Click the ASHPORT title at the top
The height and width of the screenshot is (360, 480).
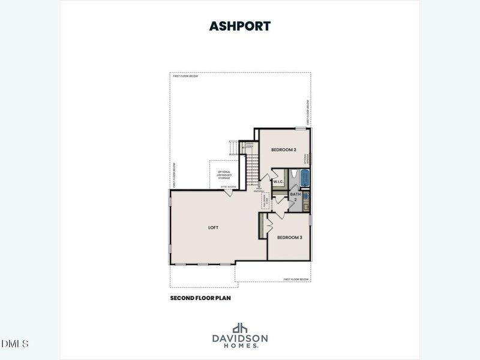pyautogui.click(x=239, y=26)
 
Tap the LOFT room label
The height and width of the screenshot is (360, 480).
pyautogui.click(x=213, y=228)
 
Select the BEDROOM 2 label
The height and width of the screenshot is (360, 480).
pyautogui.click(x=283, y=149)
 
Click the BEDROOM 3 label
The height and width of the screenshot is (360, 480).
pyautogui.click(x=289, y=238)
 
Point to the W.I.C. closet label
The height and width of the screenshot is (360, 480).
pyautogui.click(x=278, y=181)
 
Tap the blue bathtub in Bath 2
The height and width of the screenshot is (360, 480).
pyautogui.click(x=304, y=178)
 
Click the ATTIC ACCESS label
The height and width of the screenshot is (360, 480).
pyautogui.click(x=228, y=187)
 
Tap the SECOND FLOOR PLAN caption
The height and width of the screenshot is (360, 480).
pyautogui.click(x=200, y=298)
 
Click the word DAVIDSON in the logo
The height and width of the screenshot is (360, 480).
pyautogui.click(x=240, y=338)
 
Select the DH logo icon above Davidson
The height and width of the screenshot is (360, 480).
pyautogui.click(x=240, y=328)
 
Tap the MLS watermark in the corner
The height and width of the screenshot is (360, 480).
pyautogui.click(x=16, y=343)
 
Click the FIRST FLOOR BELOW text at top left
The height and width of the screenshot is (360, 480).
pyautogui.click(x=185, y=76)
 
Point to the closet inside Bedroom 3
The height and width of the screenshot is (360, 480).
pyautogui.click(x=262, y=226)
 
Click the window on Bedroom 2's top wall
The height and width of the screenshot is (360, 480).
pyautogui.click(x=301, y=128)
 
